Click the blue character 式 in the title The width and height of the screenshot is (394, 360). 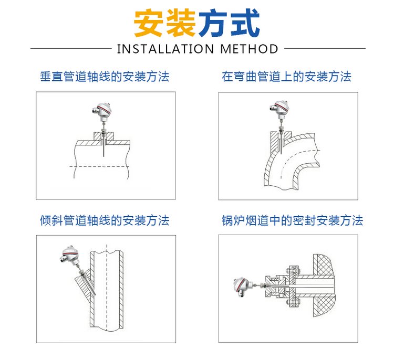click(245, 23)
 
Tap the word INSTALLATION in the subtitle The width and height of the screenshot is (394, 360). click(165, 49)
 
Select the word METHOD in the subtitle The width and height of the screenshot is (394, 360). click(249, 49)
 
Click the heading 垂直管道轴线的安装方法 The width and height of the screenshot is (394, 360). click(105, 77)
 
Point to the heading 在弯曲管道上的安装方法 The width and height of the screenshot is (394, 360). click(286, 77)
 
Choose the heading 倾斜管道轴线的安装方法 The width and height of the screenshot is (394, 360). click(105, 220)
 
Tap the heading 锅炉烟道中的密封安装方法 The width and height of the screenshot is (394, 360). click(292, 220)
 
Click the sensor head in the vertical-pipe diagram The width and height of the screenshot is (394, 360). click(101, 110)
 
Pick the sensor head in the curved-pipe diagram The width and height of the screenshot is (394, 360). click(279, 109)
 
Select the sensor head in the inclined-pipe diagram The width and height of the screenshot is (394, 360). click(69, 255)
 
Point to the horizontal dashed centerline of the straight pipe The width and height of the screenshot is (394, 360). click(99, 166)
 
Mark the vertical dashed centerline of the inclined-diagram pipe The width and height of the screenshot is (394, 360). click(107, 288)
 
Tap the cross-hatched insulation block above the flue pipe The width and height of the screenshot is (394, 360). click(325, 264)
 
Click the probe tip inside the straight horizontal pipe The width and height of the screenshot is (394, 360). click(103, 156)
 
